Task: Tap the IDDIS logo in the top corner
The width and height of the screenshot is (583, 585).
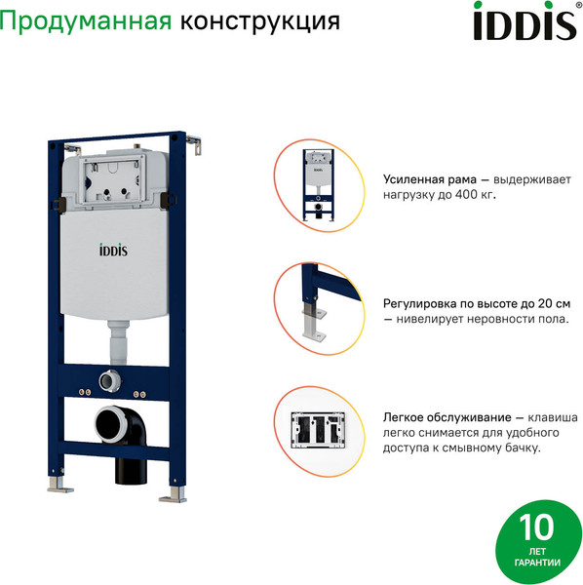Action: (x=524, y=22)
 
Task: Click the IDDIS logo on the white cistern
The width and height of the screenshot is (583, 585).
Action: (x=113, y=251)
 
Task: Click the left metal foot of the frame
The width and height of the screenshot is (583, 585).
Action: (x=58, y=484)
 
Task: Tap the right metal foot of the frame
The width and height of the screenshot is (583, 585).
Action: (x=172, y=493)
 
